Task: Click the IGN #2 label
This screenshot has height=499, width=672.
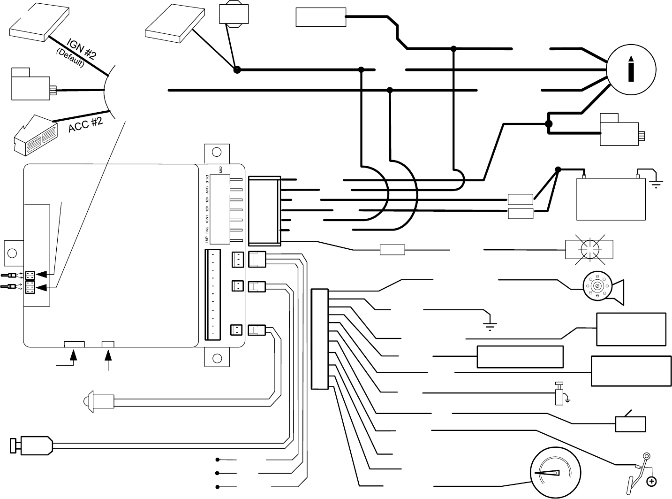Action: click(82, 50)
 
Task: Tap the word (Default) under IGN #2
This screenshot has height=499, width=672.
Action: click(70, 58)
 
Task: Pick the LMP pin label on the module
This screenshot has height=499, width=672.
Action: click(207, 239)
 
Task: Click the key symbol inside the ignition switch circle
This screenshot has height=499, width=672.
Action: click(631, 69)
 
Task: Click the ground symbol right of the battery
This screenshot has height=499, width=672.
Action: click(655, 183)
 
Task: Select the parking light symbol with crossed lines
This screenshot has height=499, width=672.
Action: click(589, 247)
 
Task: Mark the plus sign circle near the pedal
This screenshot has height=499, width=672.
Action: click(651, 481)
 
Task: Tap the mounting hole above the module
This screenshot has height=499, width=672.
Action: click(217, 152)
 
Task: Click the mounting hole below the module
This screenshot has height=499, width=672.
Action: click(217, 358)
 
